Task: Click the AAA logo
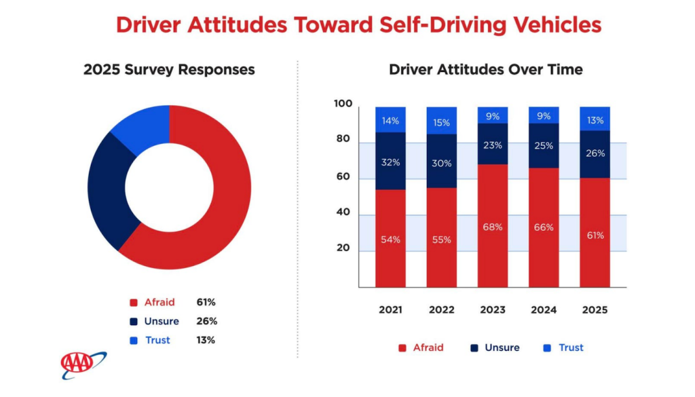pyautogui.click(x=83, y=365)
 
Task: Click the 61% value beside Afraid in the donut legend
pyautogui.click(x=205, y=302)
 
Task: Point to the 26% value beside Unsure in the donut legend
pyautogui.click(x=205, y=321)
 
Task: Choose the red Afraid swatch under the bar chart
pyautogui.click(x=402, y=347)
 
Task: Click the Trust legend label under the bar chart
pyautogui.click(x=571, y=347)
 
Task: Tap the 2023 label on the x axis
pyautogui.click(x=493, y=309)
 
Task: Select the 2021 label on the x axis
pyautogui.click(x=390, y=309)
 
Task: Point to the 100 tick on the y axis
pyautogui.click(x=343, y=104)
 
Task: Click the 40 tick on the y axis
pyautogui.click(x=343, y=212)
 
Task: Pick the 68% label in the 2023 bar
pyautogui.click(x=493, y=227)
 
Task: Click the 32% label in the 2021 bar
pyautogui.click(x=390, y=162)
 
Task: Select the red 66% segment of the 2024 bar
pyautogui.click(x=544, y=227)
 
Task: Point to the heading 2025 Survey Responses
pyautogui.click(x=169, y=69)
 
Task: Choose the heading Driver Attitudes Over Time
pyautogui.click(x=485, y=69)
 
